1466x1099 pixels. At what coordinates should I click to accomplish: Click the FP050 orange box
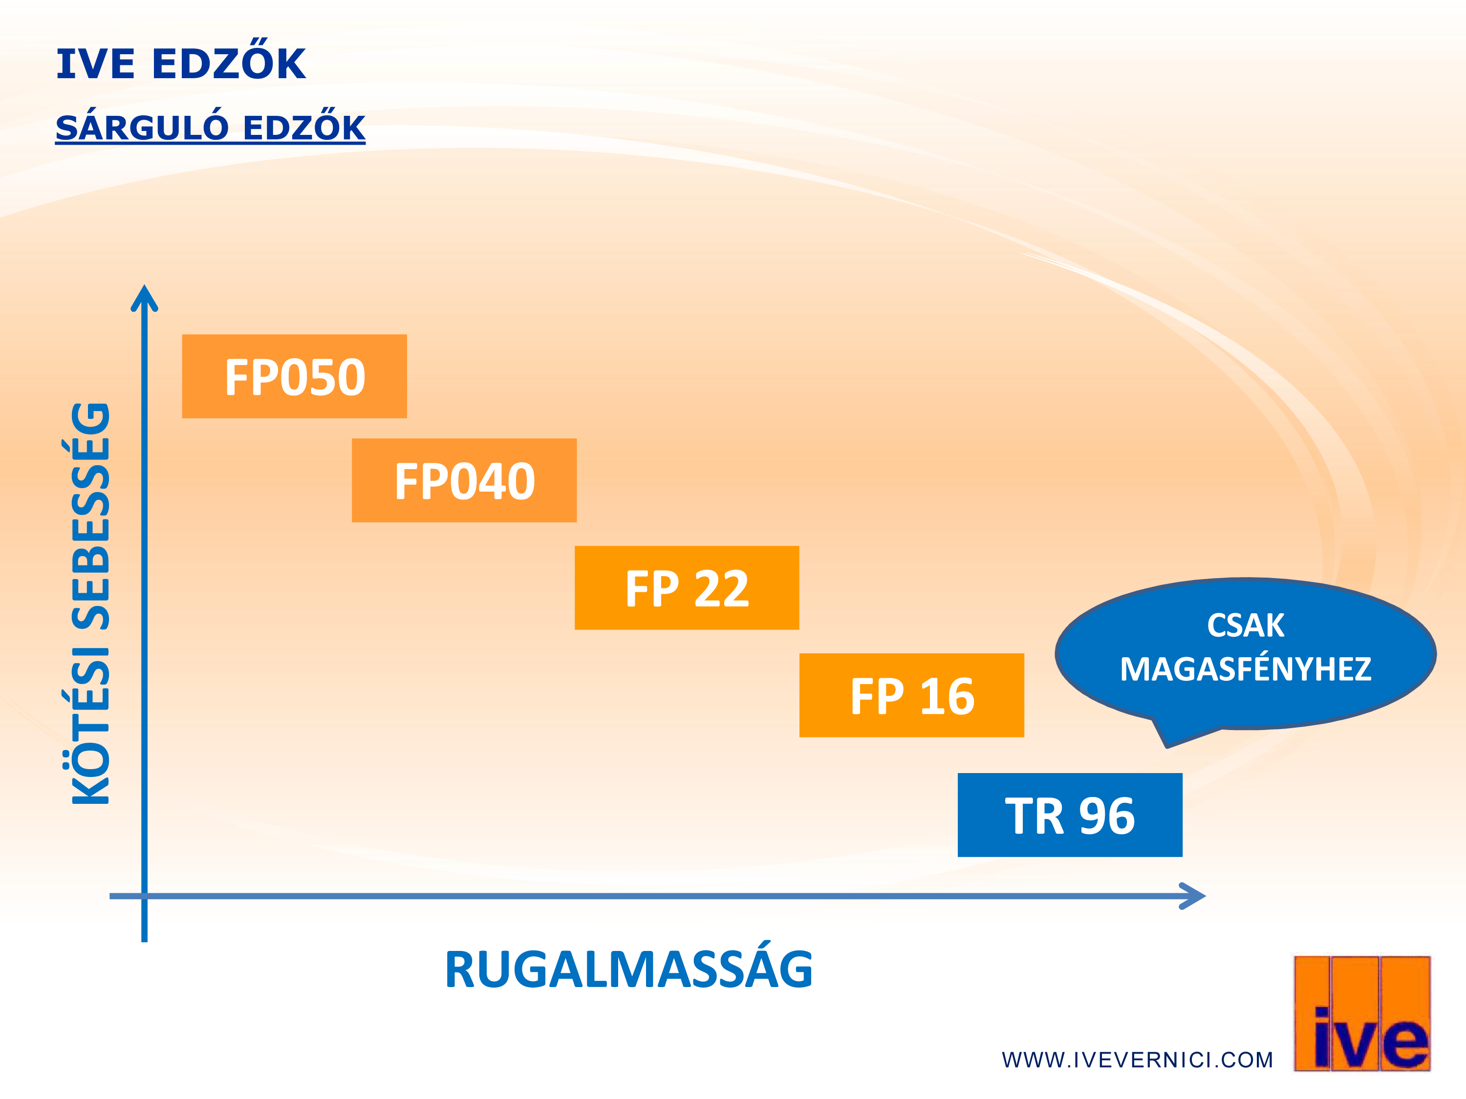click(x=294, y=376)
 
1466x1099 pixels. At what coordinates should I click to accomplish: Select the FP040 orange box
click(x=464, y=480)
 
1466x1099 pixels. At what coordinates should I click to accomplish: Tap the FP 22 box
click(x=687, y=587)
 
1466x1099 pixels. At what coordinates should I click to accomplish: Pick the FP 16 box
click(x=911, y=695)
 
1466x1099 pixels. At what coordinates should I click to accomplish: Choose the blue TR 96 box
click(x=1070, y=815)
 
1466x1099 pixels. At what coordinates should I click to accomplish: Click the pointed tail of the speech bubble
click(x=1166, y=746)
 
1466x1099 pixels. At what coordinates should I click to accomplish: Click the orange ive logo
click(x=1362, y=1013)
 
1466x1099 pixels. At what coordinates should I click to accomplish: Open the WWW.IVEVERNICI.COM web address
click(x=1137, y=1060)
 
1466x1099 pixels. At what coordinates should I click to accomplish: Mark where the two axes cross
click(x=145, y=896)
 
